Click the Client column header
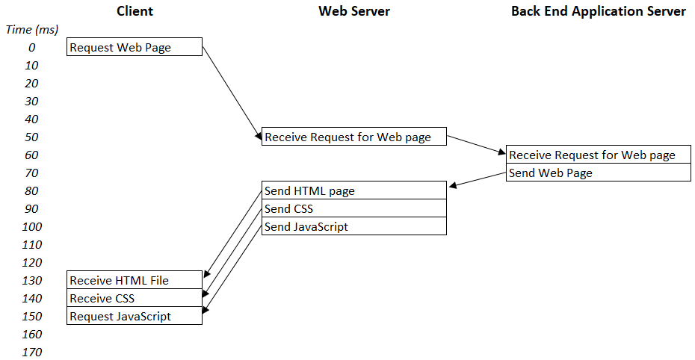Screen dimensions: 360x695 (x=135, y=11)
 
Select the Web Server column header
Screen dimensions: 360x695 (x=353, y=11)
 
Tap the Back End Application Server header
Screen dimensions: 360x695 (x=598, y=11)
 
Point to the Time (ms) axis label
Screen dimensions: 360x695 (x=32, y=29)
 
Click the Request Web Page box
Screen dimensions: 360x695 (x=135, y=47)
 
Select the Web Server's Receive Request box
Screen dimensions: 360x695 (x=353, y=137)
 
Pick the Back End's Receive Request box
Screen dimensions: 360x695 (x=598, y=155)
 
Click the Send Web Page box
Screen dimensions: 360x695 (x=598, y=173)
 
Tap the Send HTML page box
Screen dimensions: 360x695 (x=353, y=190)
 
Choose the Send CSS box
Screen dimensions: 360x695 (x=353, y=208)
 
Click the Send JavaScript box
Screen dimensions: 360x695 (x=353, y=226)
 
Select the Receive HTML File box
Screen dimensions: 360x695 (x=135, y=280)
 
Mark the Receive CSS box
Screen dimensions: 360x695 (x=135, y=298)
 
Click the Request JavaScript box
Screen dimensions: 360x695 (x=135, y=316)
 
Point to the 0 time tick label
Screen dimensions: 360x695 (x=32, y=47)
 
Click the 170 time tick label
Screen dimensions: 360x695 (x=32, y=352)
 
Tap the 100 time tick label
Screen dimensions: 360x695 (x=32, y=226)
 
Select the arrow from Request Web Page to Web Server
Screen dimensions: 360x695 (x=232, y=91)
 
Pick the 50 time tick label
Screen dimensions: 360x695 (x=32, y=137)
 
